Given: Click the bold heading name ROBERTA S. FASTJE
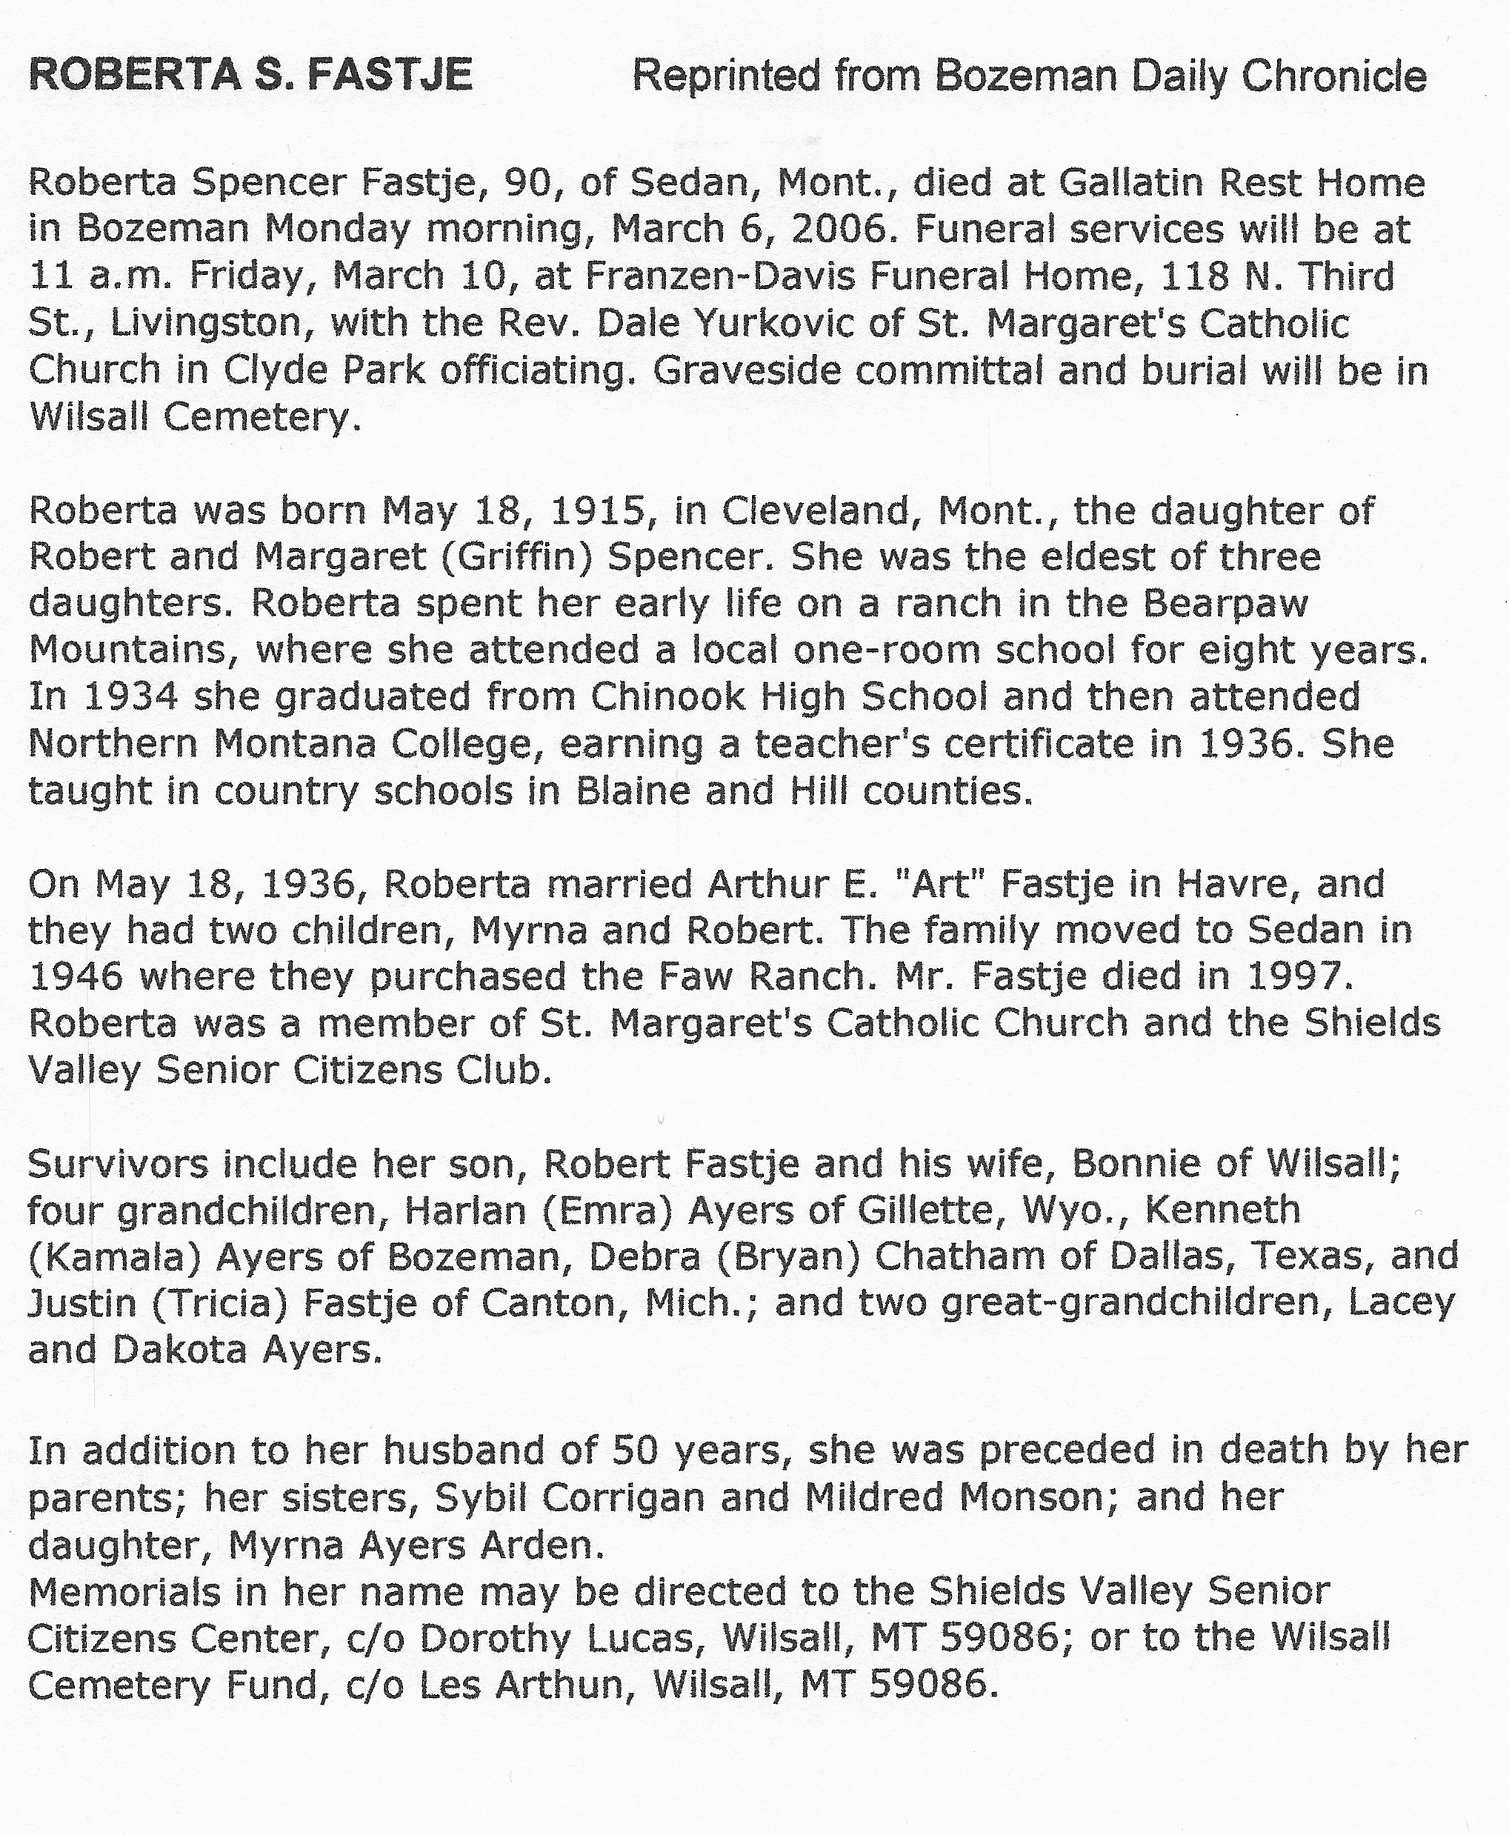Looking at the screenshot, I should pos(250,75).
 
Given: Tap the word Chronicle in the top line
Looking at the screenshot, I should pos(1333,76).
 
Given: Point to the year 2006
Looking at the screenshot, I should pos(841,230).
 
